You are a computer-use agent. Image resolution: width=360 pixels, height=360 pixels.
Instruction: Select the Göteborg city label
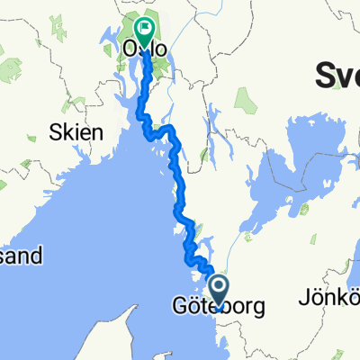(219, 308)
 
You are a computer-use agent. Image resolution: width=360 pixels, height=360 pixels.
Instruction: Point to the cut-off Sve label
(337, 78)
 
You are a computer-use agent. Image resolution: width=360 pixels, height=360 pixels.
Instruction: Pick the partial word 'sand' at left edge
(20, 256)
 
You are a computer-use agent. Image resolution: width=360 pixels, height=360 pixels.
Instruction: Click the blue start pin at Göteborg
(219, 290)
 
